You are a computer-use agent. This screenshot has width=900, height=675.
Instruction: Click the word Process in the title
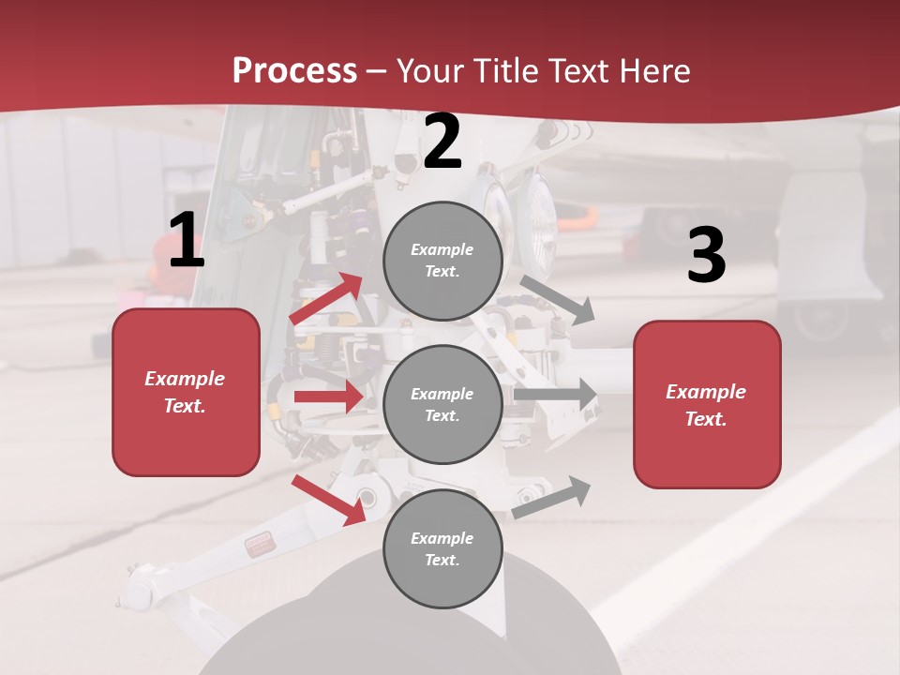point(294,71)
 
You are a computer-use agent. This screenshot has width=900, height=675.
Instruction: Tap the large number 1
point(187,241)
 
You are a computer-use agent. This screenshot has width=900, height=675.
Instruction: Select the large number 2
point(442,142)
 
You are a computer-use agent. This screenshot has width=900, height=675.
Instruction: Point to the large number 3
point(706,256)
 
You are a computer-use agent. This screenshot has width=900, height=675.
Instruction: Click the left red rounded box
point(186,392)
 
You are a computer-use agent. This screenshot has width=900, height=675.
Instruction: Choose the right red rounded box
point(707,405)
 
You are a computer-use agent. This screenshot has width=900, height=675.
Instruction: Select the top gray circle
point(442,261)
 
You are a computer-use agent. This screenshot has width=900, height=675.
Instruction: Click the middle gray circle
point(442,405)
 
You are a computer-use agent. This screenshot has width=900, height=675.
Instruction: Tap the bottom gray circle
point(442,549)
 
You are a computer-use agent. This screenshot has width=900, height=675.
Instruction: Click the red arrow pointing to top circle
point(327,299)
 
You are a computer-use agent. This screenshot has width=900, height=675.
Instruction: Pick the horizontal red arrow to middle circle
point(328,397)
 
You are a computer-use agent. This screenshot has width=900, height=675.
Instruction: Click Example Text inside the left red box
point(186,392)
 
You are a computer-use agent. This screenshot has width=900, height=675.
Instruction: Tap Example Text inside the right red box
point(707,405)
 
